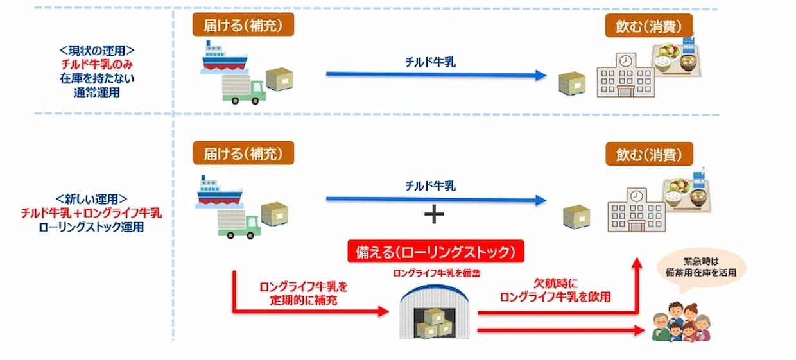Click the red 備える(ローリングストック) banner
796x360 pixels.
436,252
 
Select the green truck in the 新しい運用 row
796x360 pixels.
239,224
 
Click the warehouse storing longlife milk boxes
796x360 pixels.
435,311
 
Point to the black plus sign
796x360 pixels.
434,214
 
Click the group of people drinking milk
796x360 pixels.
681,321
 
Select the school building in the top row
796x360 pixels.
626,75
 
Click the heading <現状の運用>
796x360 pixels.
97,51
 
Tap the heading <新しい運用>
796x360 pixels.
91,199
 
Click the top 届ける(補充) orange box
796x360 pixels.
243,24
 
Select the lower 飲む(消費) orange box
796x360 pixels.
649,154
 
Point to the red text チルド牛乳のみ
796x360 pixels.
97,64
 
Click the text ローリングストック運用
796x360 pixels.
91,227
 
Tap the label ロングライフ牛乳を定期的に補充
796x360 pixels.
304,293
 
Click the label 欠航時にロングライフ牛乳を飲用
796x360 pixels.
555,290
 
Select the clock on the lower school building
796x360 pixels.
636,196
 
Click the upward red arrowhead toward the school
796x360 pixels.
637,263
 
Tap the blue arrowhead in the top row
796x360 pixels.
541,75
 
